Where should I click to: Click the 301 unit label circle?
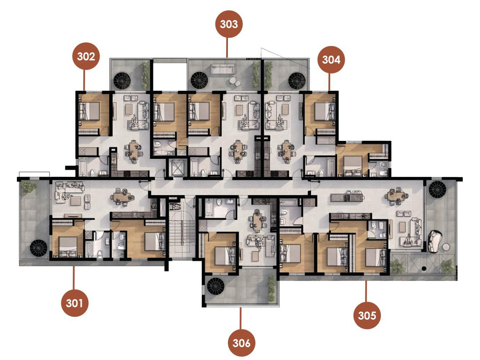pyautogui.click(x=74, y=303)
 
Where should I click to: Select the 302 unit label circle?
pyautogui.click(x=86, y=56)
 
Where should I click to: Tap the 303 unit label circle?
pyautogui.click(x=229, y=24)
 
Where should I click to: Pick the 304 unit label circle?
pyautogui.click(x=331, y=59)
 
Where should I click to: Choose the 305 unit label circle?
pyautogui.click(x=367, y=315)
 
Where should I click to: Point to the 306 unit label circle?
pyautogui.click(x=241, y=343)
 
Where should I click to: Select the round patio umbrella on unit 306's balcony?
pyautogui.click(x=216, y=286)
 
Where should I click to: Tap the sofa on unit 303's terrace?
pyautogui.click(x=223, y=69)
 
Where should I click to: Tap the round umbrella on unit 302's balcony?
pyautogui.click(x=122, y=81)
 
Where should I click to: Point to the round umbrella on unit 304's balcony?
pyautogui.click(x=297, y=81)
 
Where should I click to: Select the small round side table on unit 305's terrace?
pyautogui.click(x=446, y=247)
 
